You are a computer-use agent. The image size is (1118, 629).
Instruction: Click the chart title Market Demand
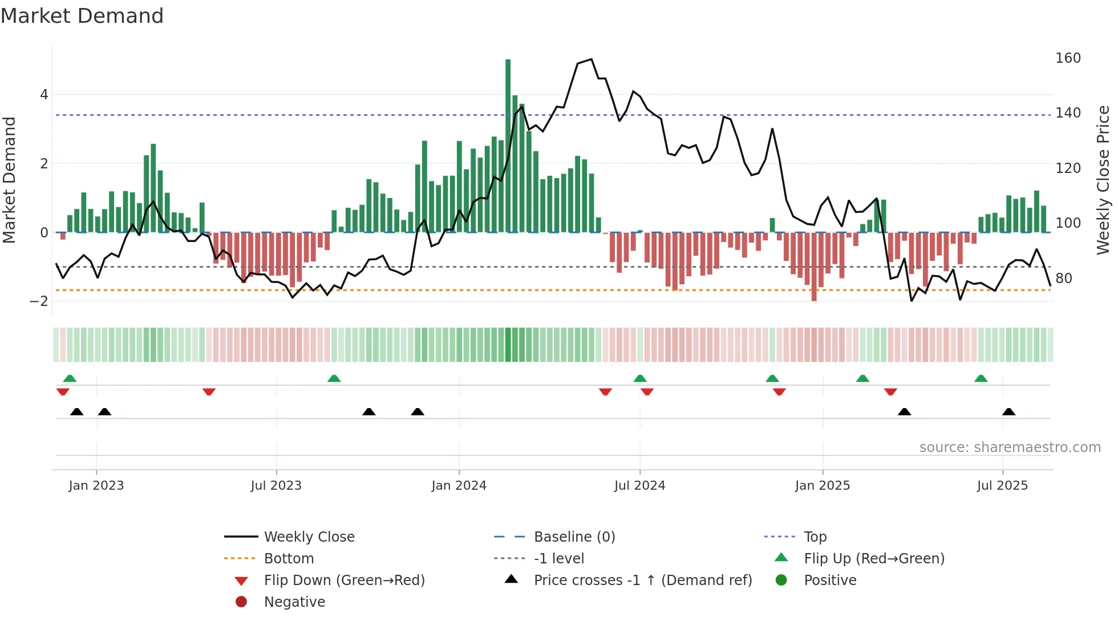tap(82, 16)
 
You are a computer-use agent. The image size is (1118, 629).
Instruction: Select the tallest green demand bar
tap(508, 146)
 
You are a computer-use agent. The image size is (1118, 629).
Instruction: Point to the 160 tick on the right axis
tap(1068, 58)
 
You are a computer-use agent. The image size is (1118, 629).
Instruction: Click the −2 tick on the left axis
tap(39, 301)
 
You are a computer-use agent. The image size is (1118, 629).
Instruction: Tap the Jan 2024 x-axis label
tap(459, 486)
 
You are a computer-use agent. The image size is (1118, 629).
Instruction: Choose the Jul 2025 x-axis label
tap(1002, 486)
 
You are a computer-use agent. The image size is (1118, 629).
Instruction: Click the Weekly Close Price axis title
tap(1103, 180)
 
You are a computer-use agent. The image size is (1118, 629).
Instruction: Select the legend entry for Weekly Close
tap(309, 537)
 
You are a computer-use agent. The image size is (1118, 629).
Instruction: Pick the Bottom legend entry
tap(289, 559)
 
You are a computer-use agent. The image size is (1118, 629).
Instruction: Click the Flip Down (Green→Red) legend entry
tap(344, 580)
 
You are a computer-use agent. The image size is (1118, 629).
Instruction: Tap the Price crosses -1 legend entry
tap(642, 580)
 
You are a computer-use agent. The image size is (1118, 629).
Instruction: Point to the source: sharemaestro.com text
tap(1010, 447)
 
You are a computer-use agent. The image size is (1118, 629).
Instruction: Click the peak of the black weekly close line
tap(591, 59)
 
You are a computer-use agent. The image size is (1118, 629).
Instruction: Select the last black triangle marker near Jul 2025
tap(1008, 412)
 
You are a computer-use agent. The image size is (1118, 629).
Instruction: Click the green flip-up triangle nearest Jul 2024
tap(640, 378)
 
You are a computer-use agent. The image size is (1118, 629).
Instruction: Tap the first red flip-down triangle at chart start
tap(63, 392)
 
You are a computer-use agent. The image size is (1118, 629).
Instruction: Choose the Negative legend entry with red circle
tap(294, 602)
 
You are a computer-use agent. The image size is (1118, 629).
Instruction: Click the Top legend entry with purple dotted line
tap(815, 537)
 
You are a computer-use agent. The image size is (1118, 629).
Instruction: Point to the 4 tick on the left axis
tap(44, 95)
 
